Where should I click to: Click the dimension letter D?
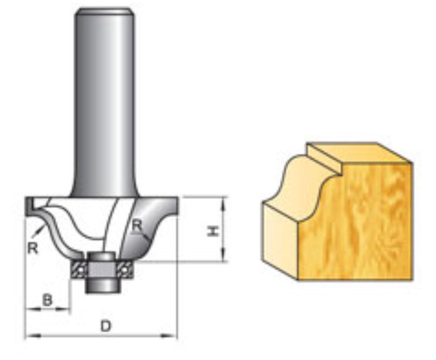tap(105, 326)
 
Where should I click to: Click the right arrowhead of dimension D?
tap(173, 336)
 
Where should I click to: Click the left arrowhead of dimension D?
tap(30, 336)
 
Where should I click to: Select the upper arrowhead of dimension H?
tap(224, 201)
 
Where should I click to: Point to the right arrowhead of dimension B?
tap(66, 309)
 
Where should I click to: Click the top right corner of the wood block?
tap(412, 163)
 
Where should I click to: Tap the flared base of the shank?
tap(103, 190)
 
